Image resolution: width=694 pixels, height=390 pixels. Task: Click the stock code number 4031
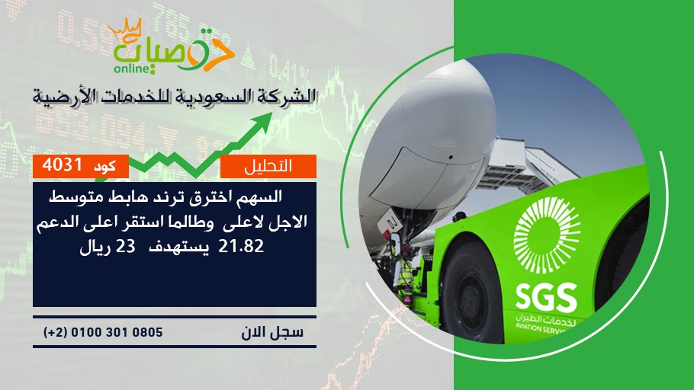62,165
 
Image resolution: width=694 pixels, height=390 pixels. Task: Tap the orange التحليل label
268,166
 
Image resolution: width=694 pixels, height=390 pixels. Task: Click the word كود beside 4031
104,166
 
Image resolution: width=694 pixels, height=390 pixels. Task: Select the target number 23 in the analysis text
125,246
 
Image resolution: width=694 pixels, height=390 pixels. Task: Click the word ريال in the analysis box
93,247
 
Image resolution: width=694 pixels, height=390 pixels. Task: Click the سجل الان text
272,332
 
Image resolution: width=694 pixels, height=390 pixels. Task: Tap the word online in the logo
130,69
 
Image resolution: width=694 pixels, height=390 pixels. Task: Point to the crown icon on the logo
124,29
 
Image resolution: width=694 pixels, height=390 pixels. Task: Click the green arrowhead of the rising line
263,120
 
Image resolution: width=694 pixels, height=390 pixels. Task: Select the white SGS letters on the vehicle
546,297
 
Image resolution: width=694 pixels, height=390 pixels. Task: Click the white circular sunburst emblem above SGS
547,235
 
